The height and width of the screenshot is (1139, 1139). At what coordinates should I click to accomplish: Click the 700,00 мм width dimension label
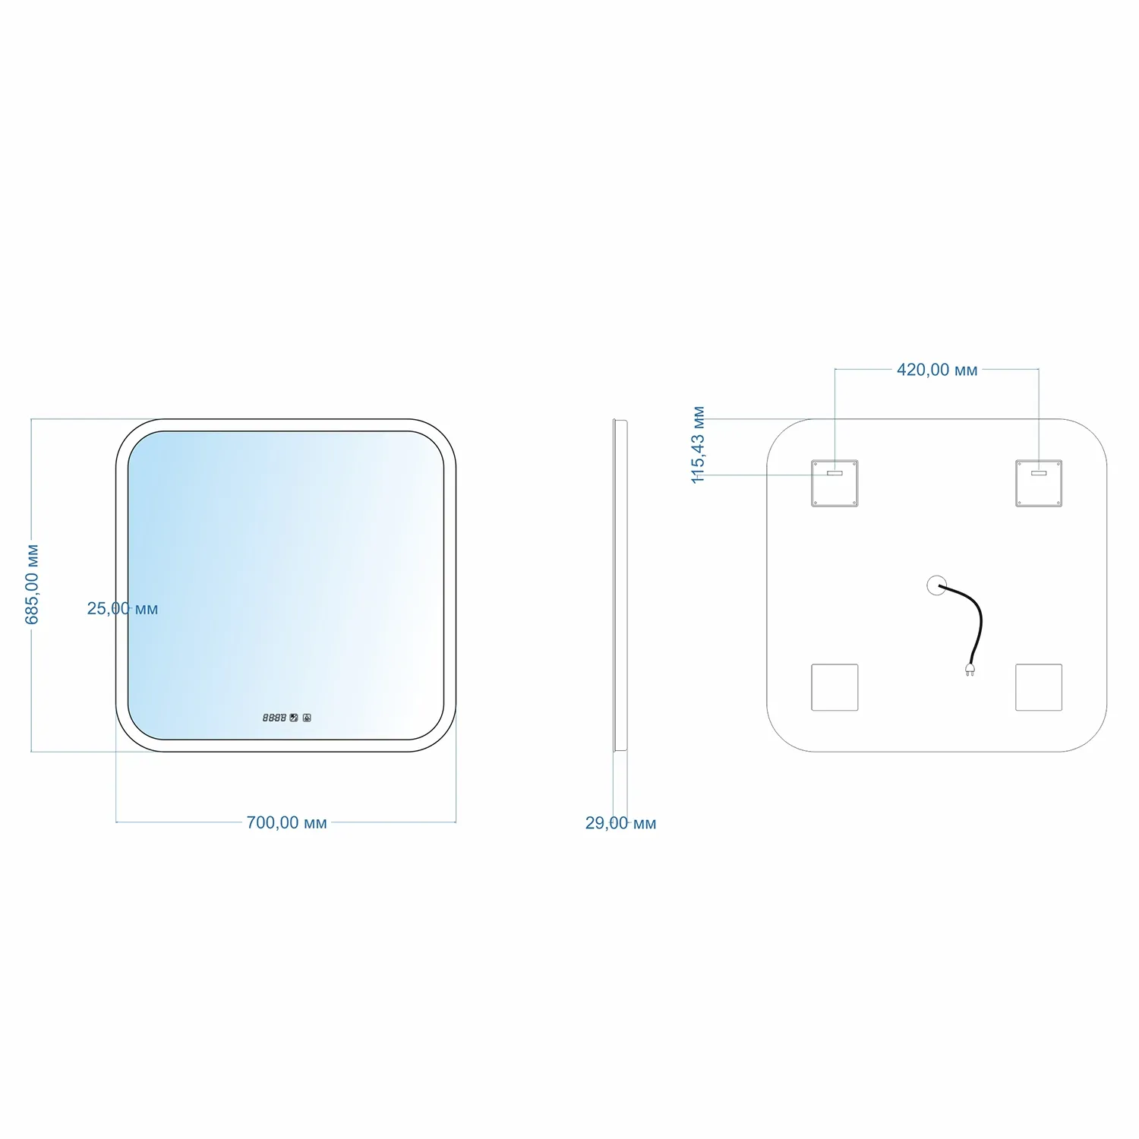click(x=286, y=822)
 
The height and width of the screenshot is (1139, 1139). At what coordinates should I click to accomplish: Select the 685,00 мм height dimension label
click(x=32, y=584)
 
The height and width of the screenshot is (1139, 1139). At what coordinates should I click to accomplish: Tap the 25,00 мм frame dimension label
click(x=122, y=608)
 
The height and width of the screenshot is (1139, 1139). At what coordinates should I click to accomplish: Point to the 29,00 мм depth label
click(x=620, y=823)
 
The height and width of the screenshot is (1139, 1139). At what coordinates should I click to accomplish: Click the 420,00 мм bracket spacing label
click(x=937, y=370)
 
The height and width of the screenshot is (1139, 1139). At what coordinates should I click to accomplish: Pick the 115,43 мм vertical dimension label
click(x=699, y=445)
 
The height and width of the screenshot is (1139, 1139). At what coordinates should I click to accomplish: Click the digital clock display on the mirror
click(x=274, y=717)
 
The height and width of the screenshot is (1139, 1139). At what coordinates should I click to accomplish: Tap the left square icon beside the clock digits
click(x=294, y=717)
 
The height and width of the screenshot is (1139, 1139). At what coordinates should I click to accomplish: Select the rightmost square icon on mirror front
click(x=307, y=717)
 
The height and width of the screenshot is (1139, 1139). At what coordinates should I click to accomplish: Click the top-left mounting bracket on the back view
click(x=835, y=483)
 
